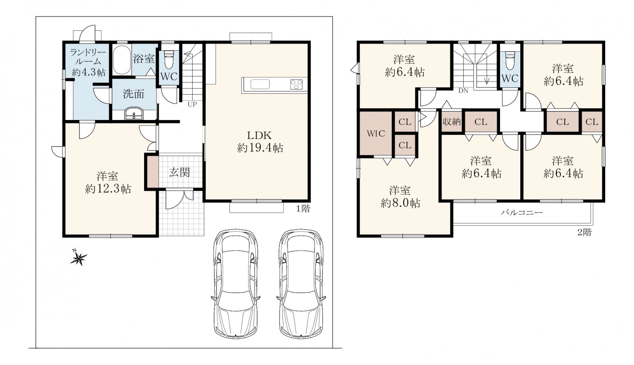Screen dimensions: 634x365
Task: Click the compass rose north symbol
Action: tap(78, 257)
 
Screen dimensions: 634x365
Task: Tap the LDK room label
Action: tap(259, 136)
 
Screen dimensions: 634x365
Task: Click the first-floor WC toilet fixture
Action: tap(169, 60)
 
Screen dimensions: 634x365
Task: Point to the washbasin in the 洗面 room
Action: tap(134, 114)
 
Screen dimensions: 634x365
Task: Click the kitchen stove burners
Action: tap(296, 84)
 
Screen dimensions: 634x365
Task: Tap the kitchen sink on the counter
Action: tap(260, 84)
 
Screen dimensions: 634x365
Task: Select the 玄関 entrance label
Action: tap(180, 172)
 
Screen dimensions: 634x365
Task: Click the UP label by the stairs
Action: tap(192, 104)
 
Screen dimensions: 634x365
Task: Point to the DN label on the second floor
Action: tap(463, 90)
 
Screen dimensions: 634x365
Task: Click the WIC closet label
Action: tap(376, 133)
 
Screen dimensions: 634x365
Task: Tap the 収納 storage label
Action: tap(452, 122)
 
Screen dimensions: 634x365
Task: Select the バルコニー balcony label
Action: tap(522, 212)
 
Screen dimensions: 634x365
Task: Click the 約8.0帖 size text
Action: tap(400, 203)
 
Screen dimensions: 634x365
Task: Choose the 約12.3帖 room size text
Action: tap(108, 189)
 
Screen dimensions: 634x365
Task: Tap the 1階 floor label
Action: tap(303, 209)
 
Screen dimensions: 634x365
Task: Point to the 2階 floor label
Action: tap(585, 232)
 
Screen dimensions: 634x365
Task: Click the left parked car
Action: tap(236, 283)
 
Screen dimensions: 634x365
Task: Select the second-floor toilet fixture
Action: tap(509, 60)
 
